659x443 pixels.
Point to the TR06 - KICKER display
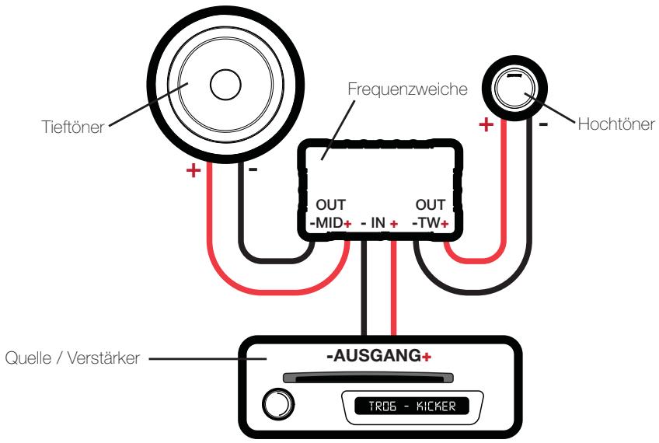pyautogui.click(x=408, y=406)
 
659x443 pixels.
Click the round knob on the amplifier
pyautogui.click(x=281, y=405)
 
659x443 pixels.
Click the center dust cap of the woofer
pyautogui.click(x=226, y=85)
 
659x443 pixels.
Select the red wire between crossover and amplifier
pyautogui.click(x=395, y=288)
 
